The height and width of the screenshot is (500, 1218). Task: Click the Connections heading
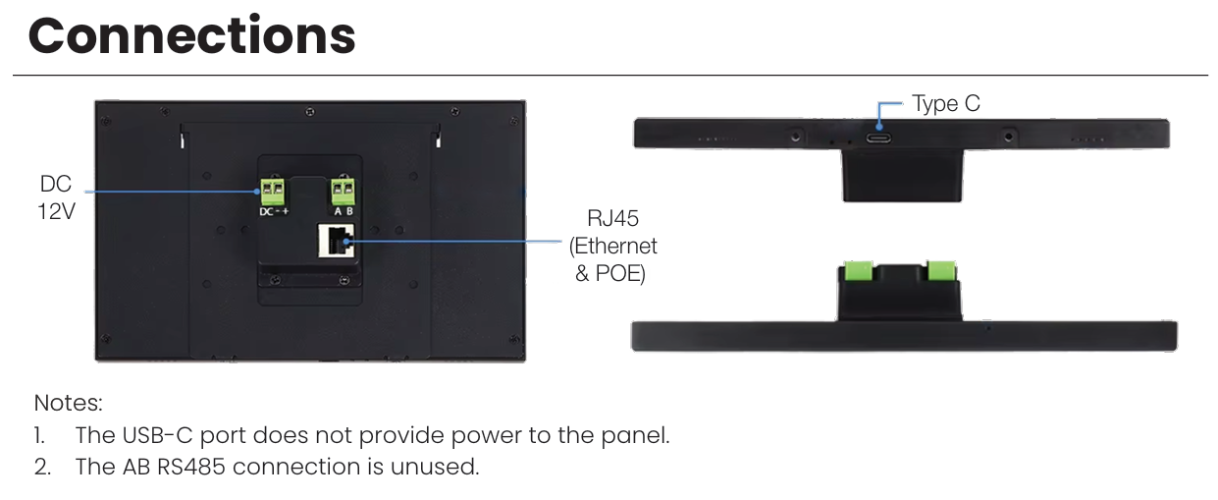192,36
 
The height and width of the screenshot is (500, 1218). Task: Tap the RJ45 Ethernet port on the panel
336,241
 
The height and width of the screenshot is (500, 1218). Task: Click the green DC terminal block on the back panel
273,191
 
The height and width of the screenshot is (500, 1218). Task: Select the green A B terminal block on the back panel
344,191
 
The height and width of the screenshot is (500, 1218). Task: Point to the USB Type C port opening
878,138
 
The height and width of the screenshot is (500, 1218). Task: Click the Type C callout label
946,103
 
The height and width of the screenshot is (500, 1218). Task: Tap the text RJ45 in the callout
612,218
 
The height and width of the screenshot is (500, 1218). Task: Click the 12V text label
56,211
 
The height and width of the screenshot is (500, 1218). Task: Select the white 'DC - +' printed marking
274,211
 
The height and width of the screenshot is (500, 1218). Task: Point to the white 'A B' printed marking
344,211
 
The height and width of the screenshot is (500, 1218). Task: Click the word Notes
68,403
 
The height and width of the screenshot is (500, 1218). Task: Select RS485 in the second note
190,467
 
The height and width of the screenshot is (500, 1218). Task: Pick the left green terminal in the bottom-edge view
859,271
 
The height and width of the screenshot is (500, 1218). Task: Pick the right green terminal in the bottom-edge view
941,271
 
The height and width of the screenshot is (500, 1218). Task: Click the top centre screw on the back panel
310,112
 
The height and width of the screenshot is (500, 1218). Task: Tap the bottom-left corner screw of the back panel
106,339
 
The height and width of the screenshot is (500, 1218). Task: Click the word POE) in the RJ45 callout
620,274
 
